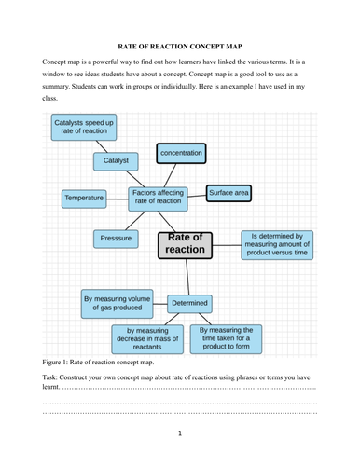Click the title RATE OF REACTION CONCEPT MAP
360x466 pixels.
click(x=179, y=44)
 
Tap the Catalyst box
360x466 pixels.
click(x=117, y=160)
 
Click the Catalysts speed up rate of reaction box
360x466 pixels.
click(x=84, y=128)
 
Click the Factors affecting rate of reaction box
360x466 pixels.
click(x=157, y=196)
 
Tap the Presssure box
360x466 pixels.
click(x=116, y=239)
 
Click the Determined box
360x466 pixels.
click(x=189, y=303)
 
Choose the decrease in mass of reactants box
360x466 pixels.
click(x=145, y=336)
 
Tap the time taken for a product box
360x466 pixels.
click(x=227, y=336)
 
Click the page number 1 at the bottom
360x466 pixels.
click(x=180, y=432)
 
